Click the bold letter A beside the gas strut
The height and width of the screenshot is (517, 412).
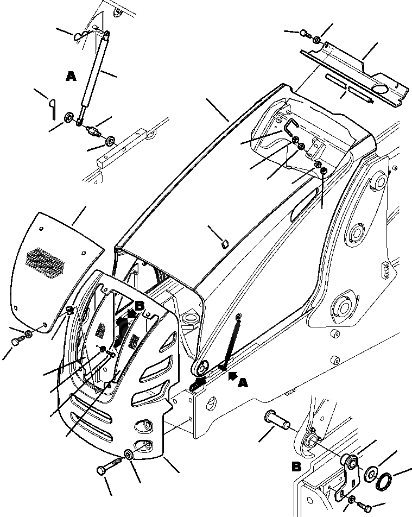pos(71,77)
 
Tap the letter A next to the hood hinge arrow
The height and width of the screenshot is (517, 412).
pos(243,383)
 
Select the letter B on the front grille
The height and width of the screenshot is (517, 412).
pos(140,306)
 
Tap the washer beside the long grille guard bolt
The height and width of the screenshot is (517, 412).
pos(129,455)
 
